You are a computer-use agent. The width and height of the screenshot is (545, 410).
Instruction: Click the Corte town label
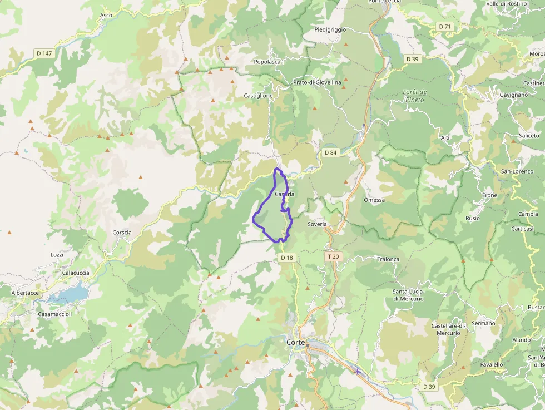295,342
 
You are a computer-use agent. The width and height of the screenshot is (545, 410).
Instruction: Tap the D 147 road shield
44,53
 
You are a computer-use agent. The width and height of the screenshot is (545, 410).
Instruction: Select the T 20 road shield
333,257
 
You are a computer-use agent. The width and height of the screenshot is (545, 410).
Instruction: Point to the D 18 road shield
286,258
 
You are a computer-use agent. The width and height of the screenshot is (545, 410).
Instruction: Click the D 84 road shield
330,152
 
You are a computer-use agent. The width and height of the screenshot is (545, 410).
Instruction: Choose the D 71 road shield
444,27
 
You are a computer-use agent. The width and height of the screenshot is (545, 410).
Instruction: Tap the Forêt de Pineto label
414,96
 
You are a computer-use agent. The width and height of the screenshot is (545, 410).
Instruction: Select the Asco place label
106,16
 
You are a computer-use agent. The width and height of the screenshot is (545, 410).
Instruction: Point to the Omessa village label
374,200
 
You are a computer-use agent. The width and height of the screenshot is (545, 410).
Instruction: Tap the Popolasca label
267,62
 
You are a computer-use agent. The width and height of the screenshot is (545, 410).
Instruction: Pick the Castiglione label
259,96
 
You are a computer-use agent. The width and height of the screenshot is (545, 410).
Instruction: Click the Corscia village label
122,233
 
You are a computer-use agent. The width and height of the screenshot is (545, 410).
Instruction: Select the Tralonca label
388,259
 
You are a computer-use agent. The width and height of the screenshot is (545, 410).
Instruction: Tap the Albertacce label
25,293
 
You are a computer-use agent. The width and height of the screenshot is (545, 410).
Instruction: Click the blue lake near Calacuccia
70,293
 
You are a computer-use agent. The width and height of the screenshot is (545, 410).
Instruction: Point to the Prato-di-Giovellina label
317,82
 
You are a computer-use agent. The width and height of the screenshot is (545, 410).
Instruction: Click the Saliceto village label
529,135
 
